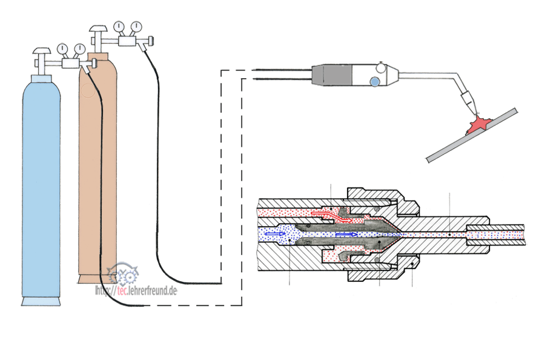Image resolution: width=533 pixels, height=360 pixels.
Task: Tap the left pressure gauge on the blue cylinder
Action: point(62,49)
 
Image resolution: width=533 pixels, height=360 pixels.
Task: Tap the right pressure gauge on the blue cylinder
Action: point(79,49)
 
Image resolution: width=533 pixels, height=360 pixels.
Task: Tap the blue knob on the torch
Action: point(375,81)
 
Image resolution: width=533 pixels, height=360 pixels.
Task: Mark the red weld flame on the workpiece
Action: point(478,125)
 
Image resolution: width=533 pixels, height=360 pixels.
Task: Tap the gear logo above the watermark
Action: point(124,274)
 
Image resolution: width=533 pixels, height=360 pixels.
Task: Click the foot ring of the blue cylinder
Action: point(41,301)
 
